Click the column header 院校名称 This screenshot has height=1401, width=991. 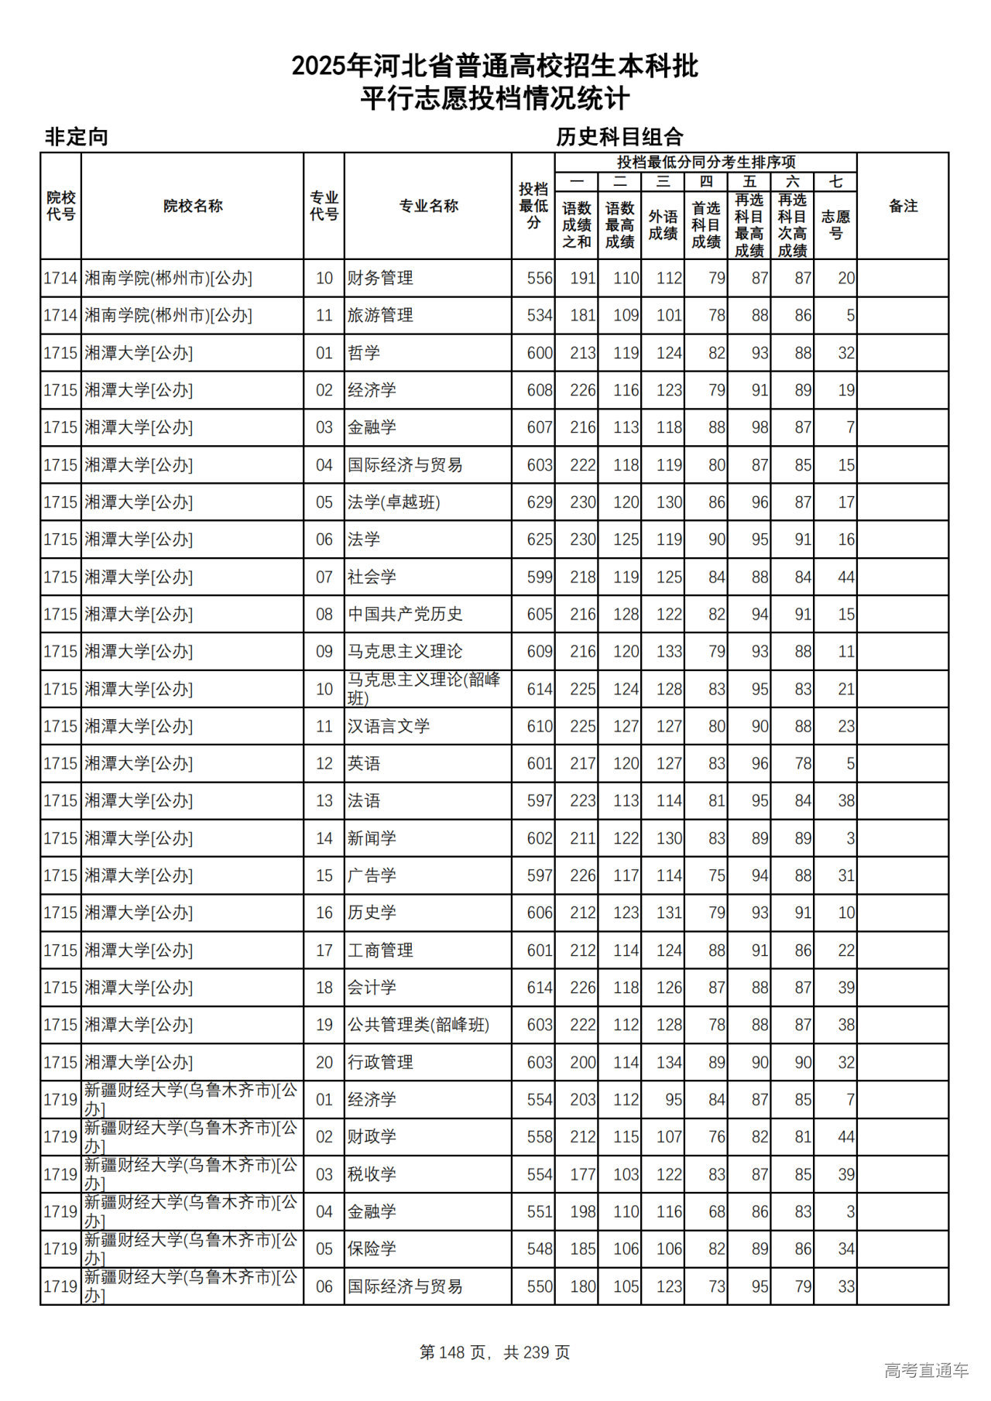pos(193,206)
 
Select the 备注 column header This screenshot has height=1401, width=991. pos(903,206)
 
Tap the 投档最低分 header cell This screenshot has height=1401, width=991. pos(533,206)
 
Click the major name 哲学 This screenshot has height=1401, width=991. pos(364,353)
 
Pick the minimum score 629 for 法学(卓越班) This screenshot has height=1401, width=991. pos(540,502)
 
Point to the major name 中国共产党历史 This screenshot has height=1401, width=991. pos(405,615)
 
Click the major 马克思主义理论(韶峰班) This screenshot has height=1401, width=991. pos(423,688)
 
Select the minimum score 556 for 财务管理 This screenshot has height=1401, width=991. pos(540,278)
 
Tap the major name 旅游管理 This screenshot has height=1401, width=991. pos(380,316)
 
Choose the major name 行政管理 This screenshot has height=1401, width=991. pos(380,1063)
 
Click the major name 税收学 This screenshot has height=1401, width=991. pos(372,1174)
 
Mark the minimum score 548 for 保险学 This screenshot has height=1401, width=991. pos(540,1249)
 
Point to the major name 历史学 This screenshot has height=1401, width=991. pos(372,913)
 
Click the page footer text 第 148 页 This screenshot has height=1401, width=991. pos(454,1352)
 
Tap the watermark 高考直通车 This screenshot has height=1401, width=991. pos(926,1370)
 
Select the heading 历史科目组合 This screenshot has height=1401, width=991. pos(619,137)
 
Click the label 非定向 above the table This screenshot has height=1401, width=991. pos(76,137)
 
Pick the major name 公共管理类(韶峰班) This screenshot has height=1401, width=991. pos(418,1025)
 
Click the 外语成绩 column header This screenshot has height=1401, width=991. pos(663,224)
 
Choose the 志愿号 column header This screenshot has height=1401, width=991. pos(835,224)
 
